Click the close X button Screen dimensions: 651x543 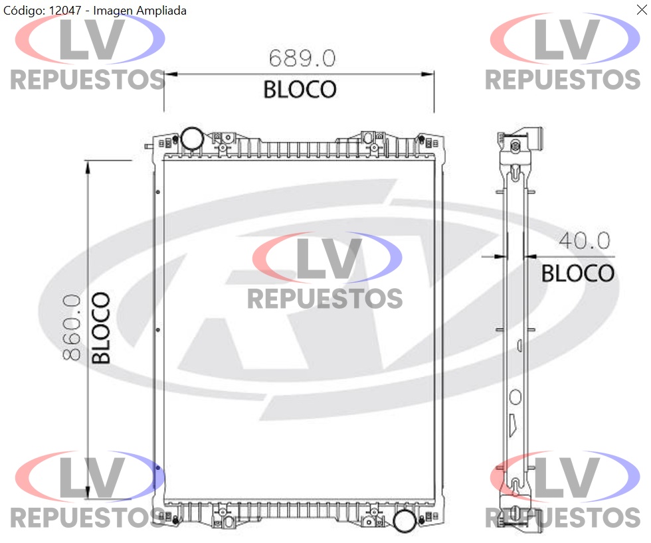click(642, 9)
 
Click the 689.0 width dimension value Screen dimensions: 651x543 click(302, 58)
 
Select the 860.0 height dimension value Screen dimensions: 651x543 click(72, 327)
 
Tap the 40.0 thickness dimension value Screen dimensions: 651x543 click(584, 240)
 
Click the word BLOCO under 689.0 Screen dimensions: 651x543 click(300, 90)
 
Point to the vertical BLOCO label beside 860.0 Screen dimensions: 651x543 click(101, 328)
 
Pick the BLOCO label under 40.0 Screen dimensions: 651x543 click(577, 273)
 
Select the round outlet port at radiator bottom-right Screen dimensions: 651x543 click(405, 521)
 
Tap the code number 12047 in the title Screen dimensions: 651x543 click(65, 11)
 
